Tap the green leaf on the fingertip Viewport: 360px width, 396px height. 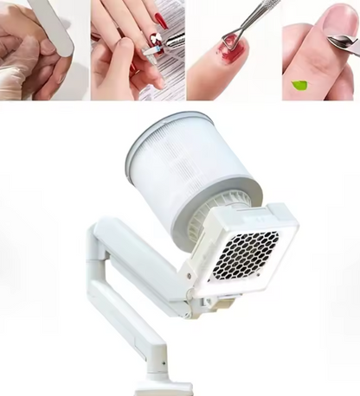click(x=300, y=85)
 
